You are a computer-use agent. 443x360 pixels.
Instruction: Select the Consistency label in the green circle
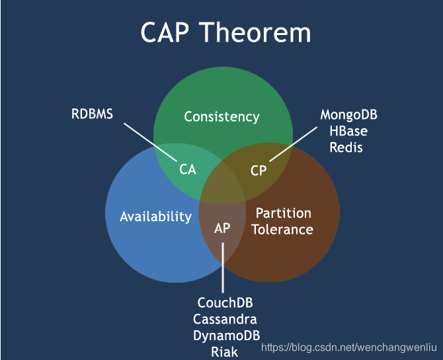[221, 117]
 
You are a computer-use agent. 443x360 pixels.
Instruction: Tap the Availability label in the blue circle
[155, 216]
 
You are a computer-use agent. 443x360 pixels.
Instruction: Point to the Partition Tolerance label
[284, 221]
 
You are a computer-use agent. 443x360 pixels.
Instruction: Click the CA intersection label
[188, 169]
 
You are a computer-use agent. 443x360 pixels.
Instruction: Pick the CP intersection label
[259, 170]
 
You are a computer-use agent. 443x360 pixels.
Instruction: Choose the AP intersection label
[222, 228]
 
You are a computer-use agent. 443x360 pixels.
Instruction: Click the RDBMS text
[92, 114]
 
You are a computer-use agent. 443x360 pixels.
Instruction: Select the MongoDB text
[348, 115]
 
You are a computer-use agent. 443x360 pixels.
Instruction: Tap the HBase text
[348, 131]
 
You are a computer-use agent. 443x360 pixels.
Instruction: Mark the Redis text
[346, 147]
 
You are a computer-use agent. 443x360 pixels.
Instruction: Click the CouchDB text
[225, 303]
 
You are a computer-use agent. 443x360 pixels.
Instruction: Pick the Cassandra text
[225, 319]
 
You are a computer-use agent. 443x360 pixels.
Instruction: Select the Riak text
[225, 351]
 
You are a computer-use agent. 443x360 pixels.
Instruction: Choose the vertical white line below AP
[223, 268]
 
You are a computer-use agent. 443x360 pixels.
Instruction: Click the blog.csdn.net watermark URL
[350, 347]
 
